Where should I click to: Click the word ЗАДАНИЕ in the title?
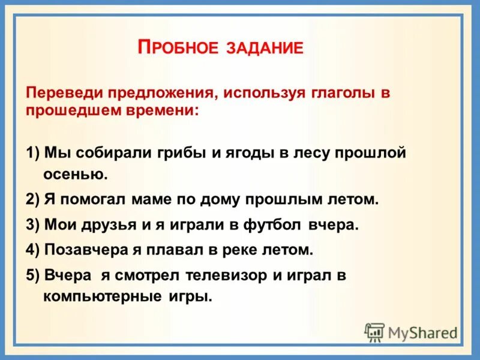coord(265,48)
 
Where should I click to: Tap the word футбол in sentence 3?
coord(274,224)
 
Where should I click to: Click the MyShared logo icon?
coord(375,332)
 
